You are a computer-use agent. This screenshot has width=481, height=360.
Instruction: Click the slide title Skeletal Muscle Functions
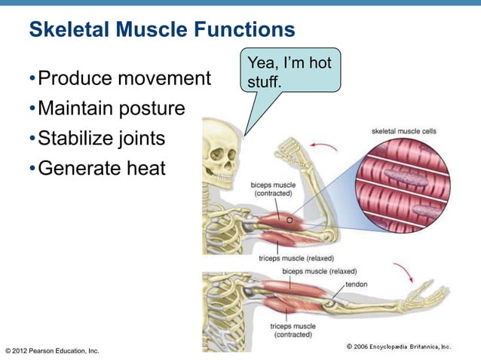161,30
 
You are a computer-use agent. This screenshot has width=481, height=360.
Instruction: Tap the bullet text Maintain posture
111,108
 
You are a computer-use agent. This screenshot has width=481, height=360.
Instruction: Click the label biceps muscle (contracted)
273,188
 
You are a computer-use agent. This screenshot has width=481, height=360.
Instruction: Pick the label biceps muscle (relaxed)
319,270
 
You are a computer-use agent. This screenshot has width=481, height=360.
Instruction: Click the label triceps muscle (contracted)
293,330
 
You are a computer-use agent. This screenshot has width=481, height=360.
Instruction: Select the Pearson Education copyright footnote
52,351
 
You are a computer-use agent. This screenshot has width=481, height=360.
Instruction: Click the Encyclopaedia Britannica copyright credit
398,346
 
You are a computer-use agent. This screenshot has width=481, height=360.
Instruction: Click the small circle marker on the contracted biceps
288,219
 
